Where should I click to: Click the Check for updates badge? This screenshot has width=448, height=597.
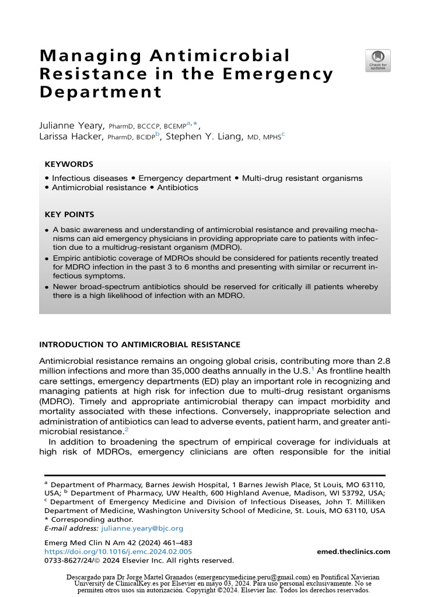378,61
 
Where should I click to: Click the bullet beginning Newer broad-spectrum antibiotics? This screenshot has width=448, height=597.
215,292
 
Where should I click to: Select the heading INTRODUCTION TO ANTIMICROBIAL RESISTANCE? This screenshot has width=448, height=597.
139,345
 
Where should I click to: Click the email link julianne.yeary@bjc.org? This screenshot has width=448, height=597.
142,528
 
